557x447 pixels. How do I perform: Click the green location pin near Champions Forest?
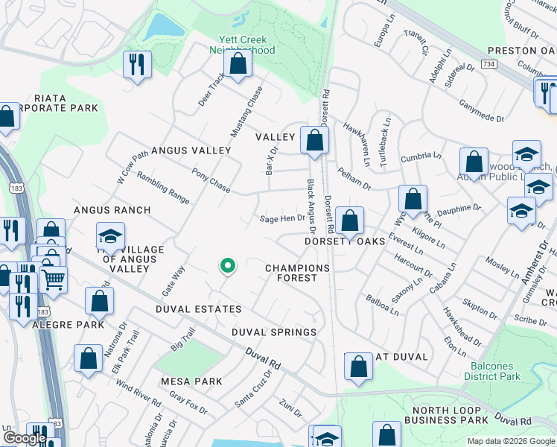click(227, 265)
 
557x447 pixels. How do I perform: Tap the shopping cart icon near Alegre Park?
click(53, 280)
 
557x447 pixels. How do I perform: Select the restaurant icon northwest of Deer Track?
click(137, 64)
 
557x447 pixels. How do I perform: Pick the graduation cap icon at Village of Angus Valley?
click(110, 236)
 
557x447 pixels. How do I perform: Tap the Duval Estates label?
click(198, 308)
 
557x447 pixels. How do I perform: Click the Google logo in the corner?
click(25, 438)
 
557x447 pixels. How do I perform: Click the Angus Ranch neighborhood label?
click(112, 211)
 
